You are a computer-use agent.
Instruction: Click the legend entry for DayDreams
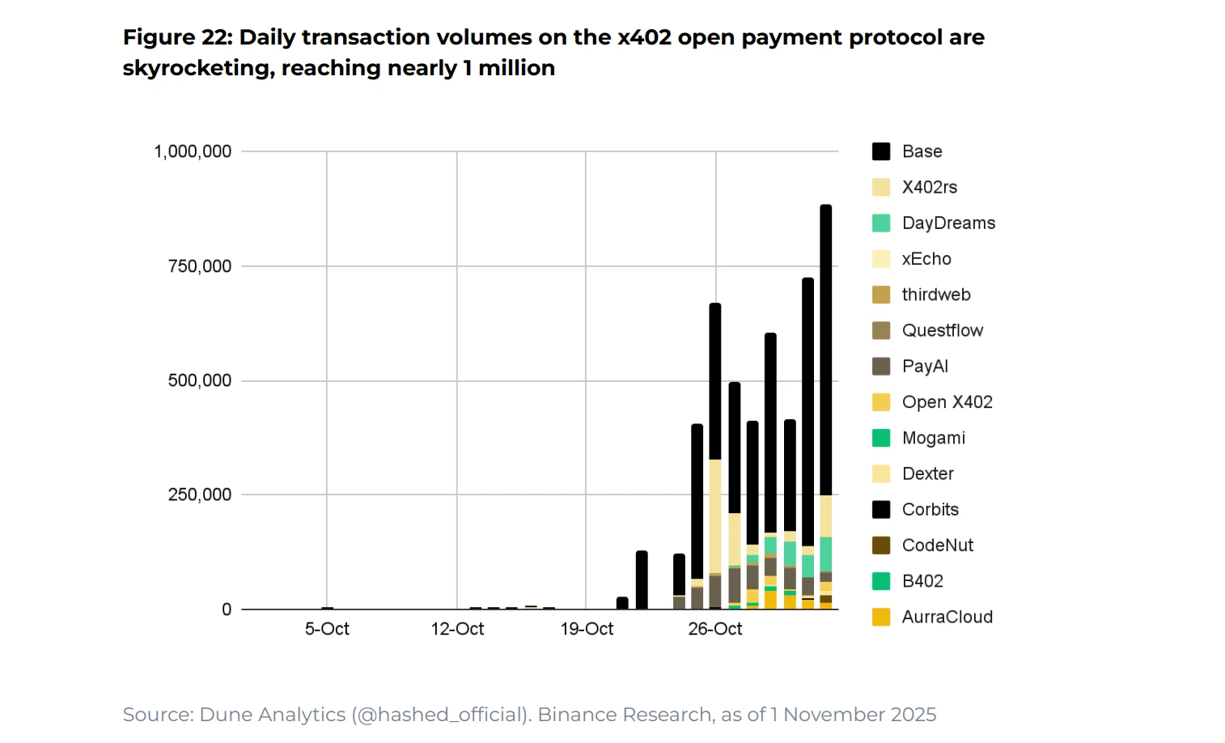(x=948, y=223)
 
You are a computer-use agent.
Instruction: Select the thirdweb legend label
(x=936, y=295)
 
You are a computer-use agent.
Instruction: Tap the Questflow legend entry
(x=942, y=330)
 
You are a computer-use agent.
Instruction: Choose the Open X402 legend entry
(x=947, y=402)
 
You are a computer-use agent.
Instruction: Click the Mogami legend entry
(x=933, y=438)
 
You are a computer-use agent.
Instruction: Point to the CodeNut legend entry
(x=937, y=546)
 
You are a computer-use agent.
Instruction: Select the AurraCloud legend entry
(x=947, y=617)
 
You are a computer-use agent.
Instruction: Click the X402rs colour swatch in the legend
(x=881, y=188)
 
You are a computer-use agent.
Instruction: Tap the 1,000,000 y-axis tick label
(x=193, y=151)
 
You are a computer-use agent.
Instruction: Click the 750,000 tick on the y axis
(x=199, y=266)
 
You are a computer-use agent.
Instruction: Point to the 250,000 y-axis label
(x=199, y=495)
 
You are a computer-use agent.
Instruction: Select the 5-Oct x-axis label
(x=327, y=629)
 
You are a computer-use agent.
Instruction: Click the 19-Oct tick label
(x=587, y=629)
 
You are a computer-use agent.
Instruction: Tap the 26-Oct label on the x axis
(x=715, y=629)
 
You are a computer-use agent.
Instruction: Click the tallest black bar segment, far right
(x=826, y=348)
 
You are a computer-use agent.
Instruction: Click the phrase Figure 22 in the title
(x=176, y=37)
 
